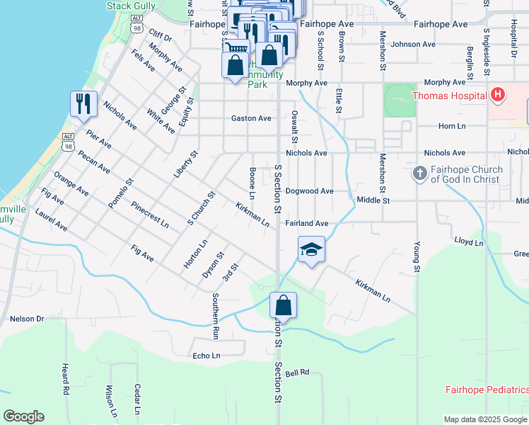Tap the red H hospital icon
[498, 94]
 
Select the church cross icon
[419, 173]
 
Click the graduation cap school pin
[311, 250]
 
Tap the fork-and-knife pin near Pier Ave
[83, 104]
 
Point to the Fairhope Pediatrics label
[487, 390]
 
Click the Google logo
[23, 416]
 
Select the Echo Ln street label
[207, 356]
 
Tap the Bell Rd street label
[298, 372]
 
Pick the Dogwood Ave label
[309, 191]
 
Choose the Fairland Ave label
[307, 223]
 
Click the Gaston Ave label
[251, 118]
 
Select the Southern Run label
[216, 316]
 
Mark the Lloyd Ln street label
[468, 243]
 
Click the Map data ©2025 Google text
[485, 419]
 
